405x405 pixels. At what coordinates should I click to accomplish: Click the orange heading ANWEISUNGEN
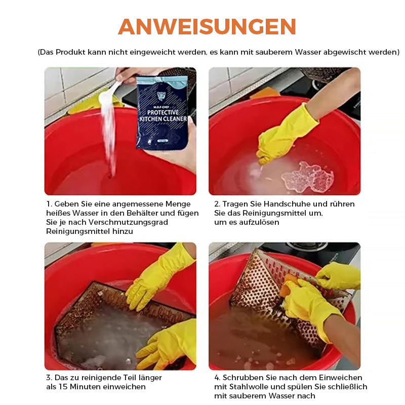tap(207, 27)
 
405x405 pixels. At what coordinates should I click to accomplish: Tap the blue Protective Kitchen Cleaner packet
tap(162, 112)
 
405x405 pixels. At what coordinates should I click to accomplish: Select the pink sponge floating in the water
tap(307, 177)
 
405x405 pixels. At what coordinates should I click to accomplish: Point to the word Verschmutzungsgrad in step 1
tap(129, 222)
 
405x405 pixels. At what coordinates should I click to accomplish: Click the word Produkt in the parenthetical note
tap(70, 52)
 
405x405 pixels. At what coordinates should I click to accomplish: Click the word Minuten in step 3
tap(85, 387)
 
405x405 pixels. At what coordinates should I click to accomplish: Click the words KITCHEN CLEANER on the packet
tap(163, 119)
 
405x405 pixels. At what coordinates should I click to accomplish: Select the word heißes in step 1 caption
tap(58, 213)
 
